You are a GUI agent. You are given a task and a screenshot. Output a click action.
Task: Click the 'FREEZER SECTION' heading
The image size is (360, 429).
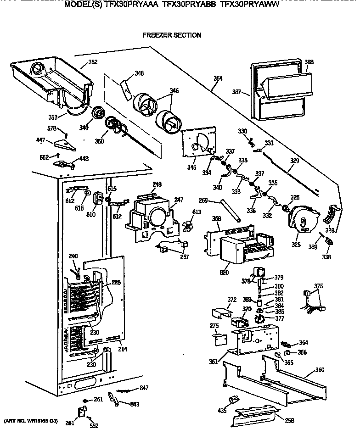click(x=172, y=35)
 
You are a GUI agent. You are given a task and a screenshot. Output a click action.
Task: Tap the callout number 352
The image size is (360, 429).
click(x=92, y=62)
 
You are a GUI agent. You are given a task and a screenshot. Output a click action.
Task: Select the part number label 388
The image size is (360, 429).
click(x=309, y=61)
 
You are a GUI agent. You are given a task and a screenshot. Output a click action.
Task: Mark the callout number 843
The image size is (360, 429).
click(x=135, y=404)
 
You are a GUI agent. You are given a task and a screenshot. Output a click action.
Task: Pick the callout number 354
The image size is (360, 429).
click(x=218, y=78)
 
